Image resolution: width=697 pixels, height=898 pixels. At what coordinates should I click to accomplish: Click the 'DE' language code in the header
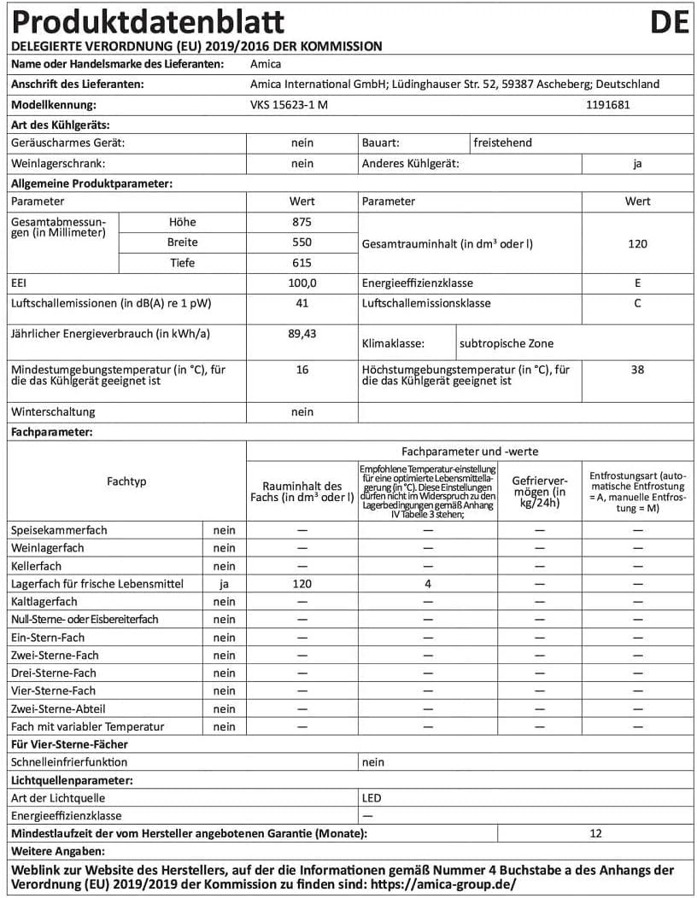point(669,21)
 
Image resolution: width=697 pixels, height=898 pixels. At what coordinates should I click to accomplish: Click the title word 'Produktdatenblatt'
point(147,22)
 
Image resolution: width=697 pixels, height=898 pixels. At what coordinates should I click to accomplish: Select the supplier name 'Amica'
point(266,63)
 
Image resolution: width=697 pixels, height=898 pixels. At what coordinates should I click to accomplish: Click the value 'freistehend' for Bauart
point(503,143)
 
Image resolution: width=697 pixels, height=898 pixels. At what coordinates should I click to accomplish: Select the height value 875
point(302,221)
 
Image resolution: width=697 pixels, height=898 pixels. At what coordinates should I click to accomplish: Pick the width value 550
point(302,242)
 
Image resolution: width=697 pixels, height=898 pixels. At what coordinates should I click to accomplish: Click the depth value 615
point(302,263)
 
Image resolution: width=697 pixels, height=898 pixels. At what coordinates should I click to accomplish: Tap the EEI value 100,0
point(302,283)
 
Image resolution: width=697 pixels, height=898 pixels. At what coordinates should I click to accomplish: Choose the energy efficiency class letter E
point(637,283)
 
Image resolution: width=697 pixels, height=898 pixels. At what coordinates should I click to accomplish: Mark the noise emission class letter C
point(637,303)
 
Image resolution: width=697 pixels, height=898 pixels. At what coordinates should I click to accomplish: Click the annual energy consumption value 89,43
point(302,333)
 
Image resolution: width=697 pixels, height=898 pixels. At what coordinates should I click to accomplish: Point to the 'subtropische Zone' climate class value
point(507,344)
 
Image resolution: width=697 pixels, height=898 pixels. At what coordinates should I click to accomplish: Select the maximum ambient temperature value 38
point(637,370)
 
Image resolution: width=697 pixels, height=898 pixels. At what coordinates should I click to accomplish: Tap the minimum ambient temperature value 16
point(302,370)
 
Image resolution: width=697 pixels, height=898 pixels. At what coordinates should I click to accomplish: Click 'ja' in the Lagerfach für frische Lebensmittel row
point(224,584)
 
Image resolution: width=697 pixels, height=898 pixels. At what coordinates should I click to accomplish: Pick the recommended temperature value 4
point(427,584)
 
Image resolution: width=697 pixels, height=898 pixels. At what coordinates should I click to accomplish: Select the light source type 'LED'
point(372,798)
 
